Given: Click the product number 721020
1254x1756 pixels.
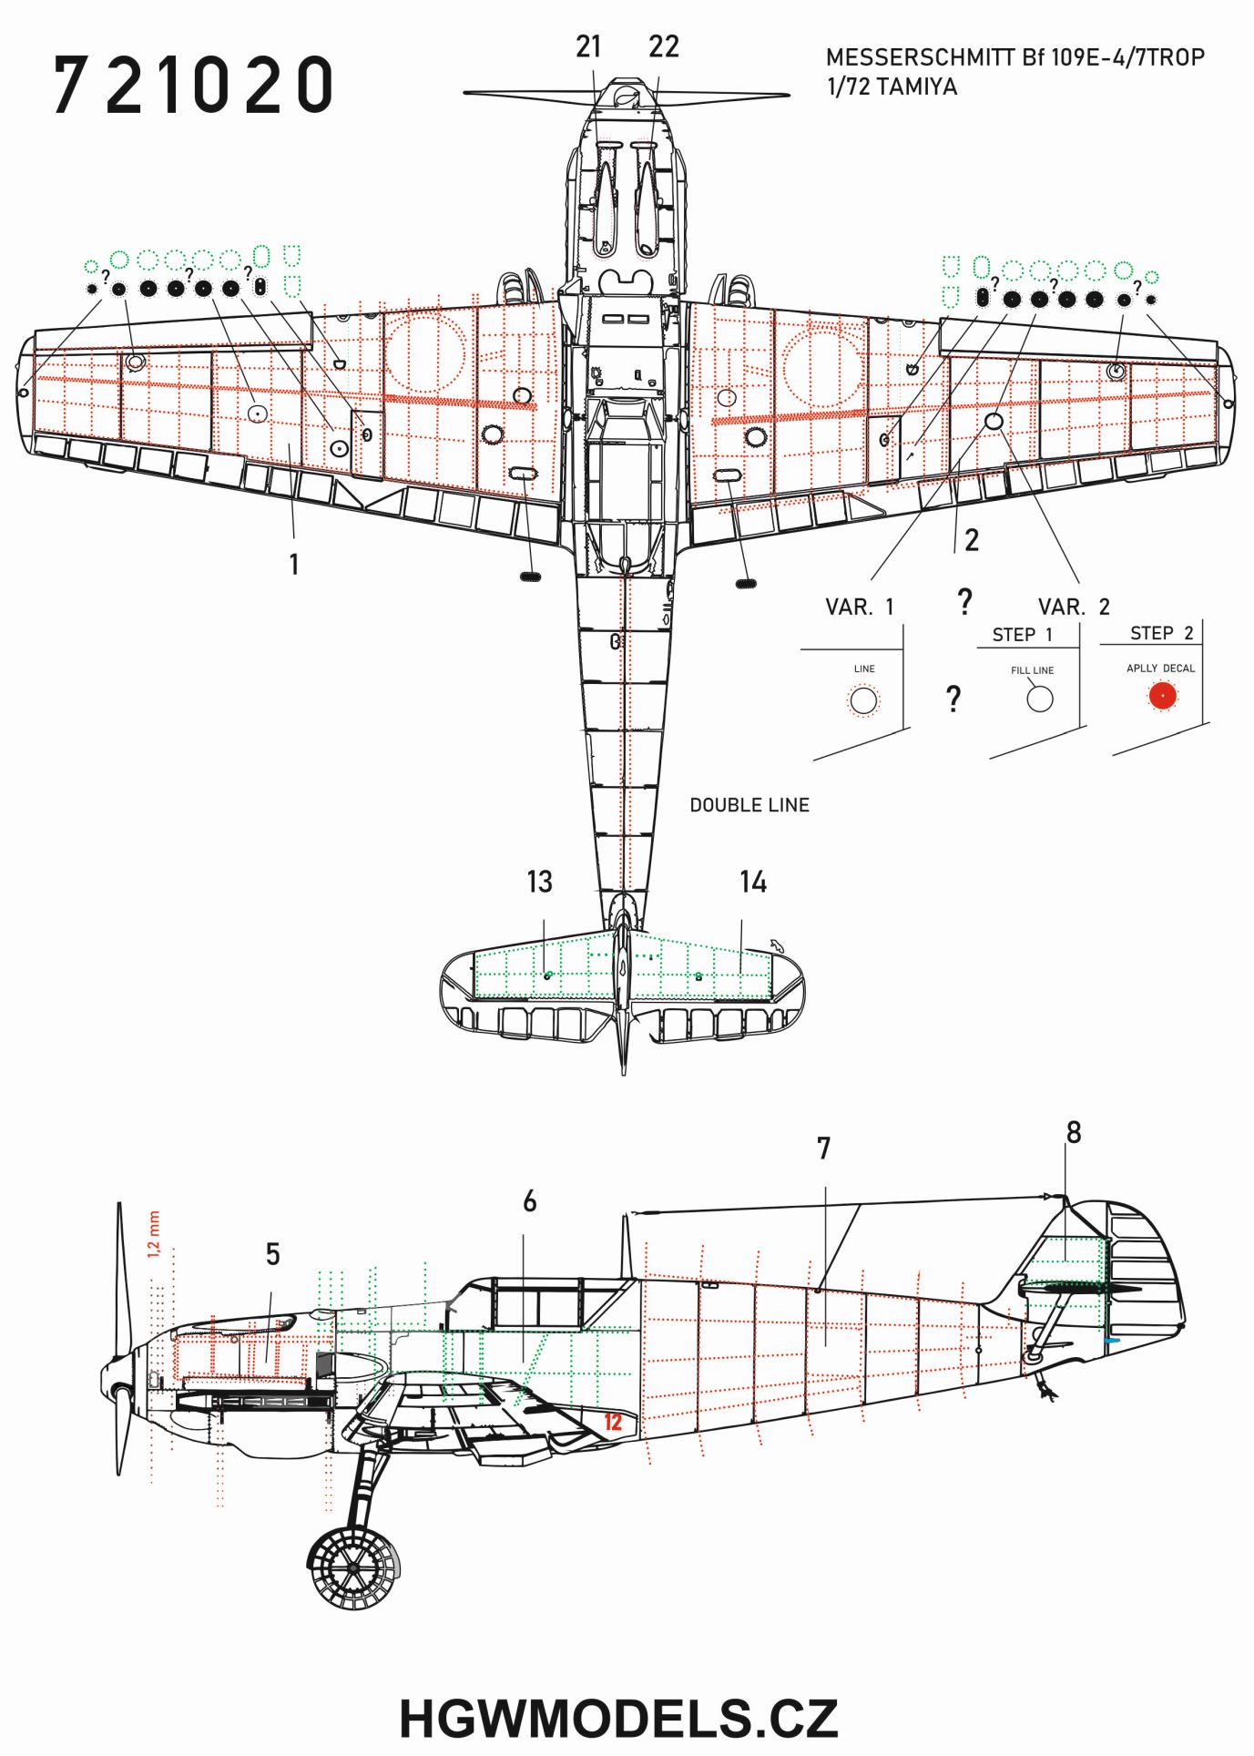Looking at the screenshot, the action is [193, 85].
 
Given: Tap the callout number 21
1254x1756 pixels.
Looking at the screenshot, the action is [589, 46].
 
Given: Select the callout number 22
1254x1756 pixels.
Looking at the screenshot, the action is [664, 46].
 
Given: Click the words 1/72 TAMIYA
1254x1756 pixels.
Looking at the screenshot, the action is [892, 88].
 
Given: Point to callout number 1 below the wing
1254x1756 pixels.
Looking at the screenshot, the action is [294, 565].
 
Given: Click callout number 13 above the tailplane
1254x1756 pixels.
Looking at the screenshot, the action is [539, 882].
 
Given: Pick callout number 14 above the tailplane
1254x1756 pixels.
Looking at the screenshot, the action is [753, 882].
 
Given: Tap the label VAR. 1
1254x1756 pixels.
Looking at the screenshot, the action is [860, 607].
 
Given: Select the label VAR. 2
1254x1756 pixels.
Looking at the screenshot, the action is [1074, 607].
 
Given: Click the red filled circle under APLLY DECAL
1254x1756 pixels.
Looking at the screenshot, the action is [1162, 697].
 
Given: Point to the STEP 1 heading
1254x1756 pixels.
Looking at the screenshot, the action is [1022, 635].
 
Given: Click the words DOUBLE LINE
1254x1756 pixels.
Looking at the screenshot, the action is [749, 805].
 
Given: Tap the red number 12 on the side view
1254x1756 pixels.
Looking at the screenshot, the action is [613, 1422].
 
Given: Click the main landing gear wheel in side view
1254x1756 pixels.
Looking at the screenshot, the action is [353, 1567].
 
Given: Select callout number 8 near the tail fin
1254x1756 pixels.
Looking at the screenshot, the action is [1074, 1132].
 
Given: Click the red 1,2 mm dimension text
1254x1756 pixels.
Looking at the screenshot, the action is [153, 1234].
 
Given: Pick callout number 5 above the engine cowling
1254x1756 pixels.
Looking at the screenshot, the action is [272, 1254].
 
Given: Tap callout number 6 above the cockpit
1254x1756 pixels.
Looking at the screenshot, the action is [530, 1201].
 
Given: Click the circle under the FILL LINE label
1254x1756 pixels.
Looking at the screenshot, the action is [1039, 699].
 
